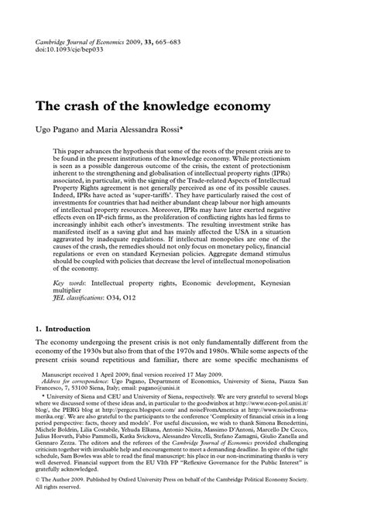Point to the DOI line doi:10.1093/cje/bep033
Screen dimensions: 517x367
pos(74,46)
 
